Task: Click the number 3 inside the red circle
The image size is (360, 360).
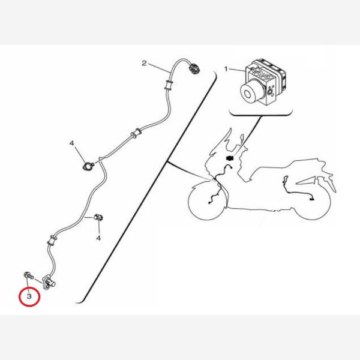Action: [29, 296]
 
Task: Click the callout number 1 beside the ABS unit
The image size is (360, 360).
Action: [226, 69]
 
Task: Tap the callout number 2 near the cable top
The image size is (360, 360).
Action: [144, 63]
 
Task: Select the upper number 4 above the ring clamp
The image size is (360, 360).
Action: [72, 143]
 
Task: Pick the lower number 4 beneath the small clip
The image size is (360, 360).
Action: [98, 238]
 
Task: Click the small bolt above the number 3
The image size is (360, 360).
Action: [29, 275]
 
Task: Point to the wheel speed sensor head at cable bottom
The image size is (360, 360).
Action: [49, 282]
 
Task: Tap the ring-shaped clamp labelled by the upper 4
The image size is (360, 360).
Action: [88, 166]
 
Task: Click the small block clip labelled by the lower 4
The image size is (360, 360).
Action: [98, 217]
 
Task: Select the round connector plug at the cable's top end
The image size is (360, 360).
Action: [193, 69]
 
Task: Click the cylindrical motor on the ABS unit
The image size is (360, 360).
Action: [250, 91]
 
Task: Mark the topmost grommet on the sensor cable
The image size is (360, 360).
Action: [169, 85]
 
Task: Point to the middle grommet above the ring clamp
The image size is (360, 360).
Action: [136, 133]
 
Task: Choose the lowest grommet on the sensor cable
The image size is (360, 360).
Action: [51, 240]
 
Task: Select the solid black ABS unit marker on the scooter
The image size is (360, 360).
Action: [230, 158]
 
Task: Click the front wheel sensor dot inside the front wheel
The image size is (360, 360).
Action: [209, 203]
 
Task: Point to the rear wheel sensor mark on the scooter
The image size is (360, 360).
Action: [311, 199]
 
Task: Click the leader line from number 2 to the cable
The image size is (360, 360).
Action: [159, 68]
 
